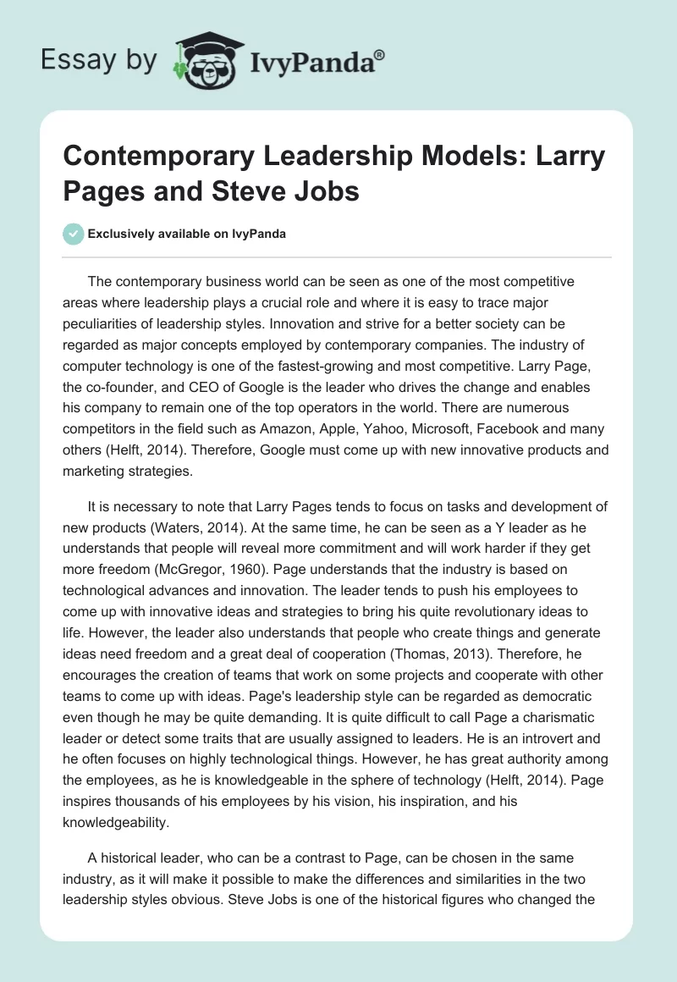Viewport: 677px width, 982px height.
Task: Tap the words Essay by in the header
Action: [99, 61]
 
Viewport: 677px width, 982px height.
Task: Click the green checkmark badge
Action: [73, 234]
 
